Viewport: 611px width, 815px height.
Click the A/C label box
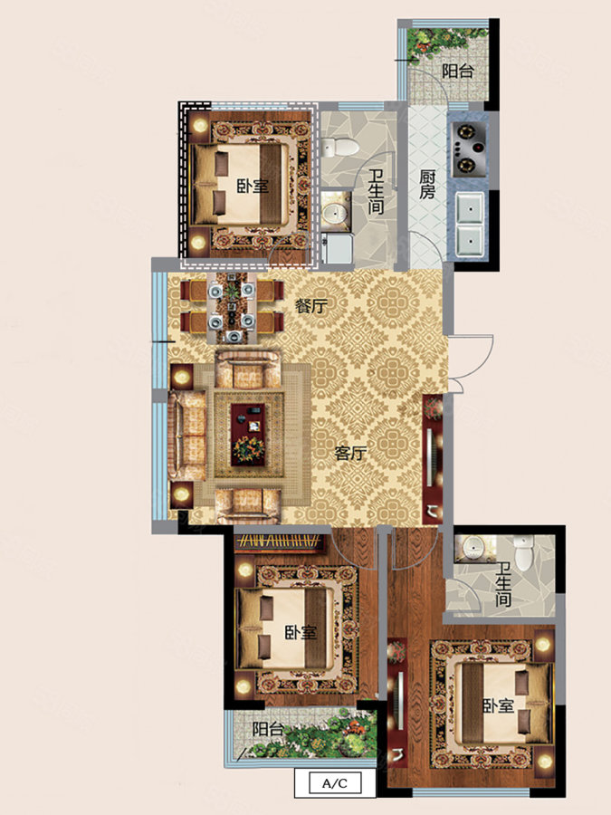pos(335,782)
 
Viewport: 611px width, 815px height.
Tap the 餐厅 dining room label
pos(311,306)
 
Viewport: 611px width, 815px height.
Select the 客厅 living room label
pos(350,454)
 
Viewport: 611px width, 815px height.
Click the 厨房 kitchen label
pos(427,184)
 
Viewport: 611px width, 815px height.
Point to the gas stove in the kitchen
pos(469,149)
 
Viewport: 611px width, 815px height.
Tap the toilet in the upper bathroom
pos(339,147)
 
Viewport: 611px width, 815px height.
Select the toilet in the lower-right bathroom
pos(524,552)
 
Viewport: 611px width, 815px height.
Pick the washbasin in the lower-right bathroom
pos(473,547)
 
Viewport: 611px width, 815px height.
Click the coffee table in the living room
pos(248,435)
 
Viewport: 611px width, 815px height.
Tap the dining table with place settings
pos(232,307)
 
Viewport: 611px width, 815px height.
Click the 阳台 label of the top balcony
pos(458,71)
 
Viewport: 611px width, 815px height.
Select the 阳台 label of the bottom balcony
pos(268,729)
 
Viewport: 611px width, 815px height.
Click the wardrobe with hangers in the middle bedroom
pos(279,542)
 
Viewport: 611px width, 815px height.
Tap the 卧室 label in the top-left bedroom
pos(253,186)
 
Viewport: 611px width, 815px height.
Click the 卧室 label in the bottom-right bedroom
pos(499,705)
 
